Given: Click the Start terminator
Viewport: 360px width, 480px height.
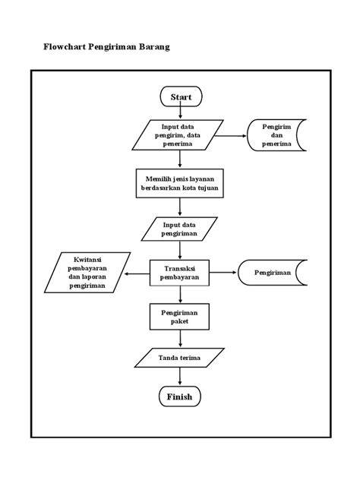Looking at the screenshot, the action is tap(181, 96).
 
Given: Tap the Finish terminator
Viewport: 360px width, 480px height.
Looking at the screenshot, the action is tap(180, 396).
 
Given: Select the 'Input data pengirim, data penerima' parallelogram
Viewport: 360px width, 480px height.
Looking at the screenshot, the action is tap(178, 135).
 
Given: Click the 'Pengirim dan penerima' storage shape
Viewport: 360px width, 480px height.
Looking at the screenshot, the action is tap(276, 135).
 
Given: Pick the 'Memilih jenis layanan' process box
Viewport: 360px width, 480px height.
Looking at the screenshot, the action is tap(180, 183).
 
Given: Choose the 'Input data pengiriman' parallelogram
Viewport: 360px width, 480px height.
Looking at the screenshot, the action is tap(179, 229).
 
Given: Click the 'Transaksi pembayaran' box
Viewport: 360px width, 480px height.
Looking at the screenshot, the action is tap(179, 273).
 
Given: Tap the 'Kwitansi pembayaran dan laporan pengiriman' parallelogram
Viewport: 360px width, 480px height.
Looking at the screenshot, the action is tap(87, 273).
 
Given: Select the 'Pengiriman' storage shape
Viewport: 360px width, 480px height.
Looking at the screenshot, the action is tap(273, 273).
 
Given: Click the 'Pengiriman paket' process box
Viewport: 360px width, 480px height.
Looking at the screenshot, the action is tap(179, 317).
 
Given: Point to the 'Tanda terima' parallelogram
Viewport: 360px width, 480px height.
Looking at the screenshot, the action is tap(179, 358).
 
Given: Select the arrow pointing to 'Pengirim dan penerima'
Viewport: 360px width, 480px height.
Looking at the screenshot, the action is tap(231, 135).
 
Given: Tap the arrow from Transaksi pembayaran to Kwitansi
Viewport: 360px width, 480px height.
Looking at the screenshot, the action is tap(137, 273).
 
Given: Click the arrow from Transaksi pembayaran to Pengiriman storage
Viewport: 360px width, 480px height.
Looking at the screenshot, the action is tap(224, 272).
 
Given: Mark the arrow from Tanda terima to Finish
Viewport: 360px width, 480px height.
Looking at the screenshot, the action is tap(180, 376).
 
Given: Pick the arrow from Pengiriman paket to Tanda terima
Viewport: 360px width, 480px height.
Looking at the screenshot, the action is tap(180, 339).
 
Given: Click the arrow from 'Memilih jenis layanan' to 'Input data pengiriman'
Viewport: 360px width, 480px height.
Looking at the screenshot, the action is tap(180, 207).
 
